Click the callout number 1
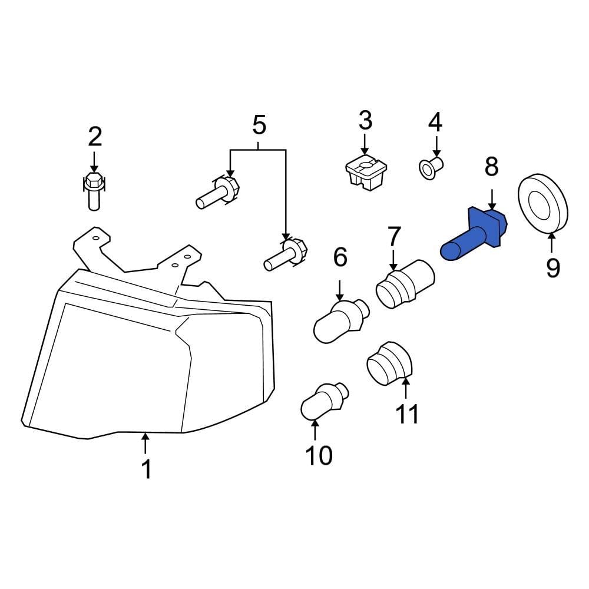click(146, 469)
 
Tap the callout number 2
click(95, 137)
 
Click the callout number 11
click(406, 413)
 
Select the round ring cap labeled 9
click(542, 204)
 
